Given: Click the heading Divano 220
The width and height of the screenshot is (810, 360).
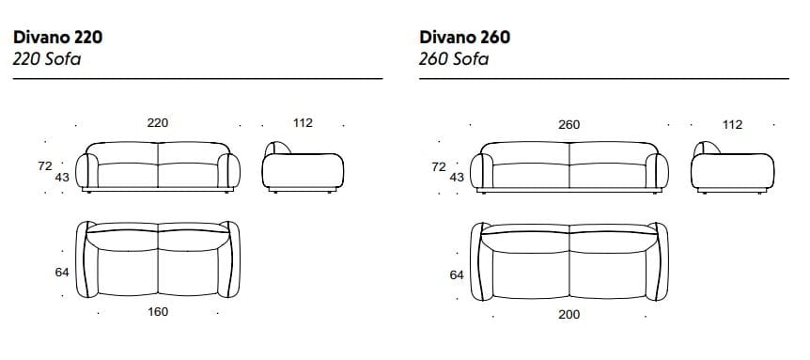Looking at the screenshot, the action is click(58, 38).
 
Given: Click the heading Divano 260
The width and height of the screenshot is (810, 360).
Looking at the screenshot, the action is click(464, 38).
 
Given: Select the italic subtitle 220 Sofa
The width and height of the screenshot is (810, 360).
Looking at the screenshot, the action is click(47, 59).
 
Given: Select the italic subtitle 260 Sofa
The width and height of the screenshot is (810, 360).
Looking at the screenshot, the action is click(454, 59).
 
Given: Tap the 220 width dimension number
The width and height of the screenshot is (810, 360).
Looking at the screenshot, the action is click(158, 123).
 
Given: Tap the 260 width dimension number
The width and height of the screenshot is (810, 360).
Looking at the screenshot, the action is click(569, 125).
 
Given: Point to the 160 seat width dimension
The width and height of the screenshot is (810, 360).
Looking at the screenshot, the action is click(158, 312).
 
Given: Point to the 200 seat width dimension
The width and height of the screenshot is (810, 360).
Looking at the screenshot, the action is click(569, 315).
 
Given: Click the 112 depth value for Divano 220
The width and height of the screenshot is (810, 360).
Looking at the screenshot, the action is click(303, 123).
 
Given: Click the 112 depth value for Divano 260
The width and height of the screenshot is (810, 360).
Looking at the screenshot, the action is click(733, 125).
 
